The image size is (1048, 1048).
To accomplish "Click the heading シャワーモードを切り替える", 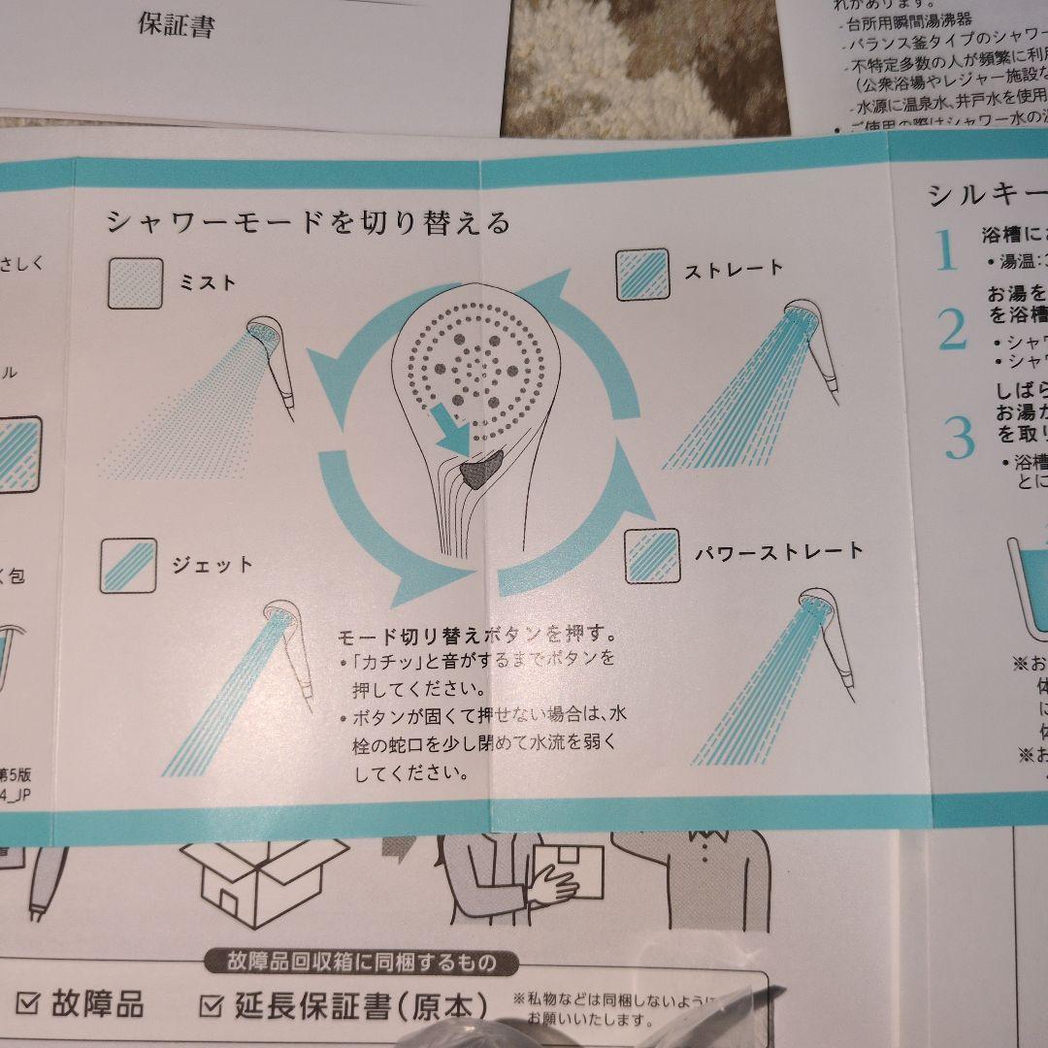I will click(x=308, y=222).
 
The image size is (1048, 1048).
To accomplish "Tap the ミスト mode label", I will click(x=207, y=282).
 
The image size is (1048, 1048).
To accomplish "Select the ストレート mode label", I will click(x=734, y=270).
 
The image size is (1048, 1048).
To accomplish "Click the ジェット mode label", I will click(x=213, y=564).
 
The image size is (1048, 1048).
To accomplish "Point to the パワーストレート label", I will click(x=778, y=552).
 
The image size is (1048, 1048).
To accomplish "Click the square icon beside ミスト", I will click(x=135, y=282).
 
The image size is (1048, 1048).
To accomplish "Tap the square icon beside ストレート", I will click(x=643, y=275).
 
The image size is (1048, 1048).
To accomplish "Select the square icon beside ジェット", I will click(x=127, y=566).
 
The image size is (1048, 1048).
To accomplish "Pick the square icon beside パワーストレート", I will click(x=651, y=556).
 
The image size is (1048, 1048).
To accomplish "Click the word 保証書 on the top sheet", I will click(x=176, y=26).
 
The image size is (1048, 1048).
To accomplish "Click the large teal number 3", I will click(x=959, y=439).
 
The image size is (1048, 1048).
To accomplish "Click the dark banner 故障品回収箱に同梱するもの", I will click(x=361, y=963).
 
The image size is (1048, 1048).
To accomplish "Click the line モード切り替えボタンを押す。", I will click(x=476, y=637).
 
